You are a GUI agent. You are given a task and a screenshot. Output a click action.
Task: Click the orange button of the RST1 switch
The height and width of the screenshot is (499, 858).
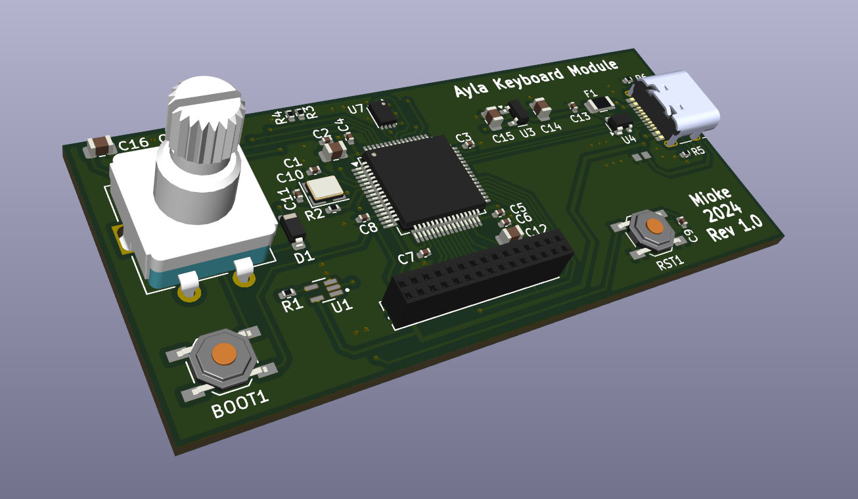(654, 226)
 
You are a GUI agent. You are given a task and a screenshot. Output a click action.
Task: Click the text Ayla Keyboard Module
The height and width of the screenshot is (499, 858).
(536, 78)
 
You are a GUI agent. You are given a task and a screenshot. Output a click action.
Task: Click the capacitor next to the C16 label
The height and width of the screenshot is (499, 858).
(100, 146)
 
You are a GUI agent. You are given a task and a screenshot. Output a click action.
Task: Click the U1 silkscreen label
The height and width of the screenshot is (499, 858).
(342, 305)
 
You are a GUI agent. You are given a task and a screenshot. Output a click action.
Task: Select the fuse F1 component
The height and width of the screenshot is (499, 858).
(600, 104)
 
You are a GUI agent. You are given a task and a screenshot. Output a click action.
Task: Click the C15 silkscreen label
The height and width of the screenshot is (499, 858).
(503, 137)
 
